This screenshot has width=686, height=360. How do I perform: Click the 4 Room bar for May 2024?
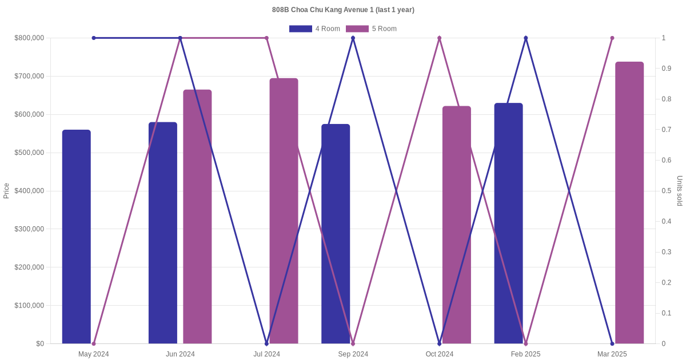[x=77, y=237]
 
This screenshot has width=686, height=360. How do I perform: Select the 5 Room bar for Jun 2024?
[x=197, y=217]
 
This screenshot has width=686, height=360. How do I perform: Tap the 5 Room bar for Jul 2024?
[x=284, y=211]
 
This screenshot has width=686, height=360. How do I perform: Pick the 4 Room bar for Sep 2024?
[x=336, y=234]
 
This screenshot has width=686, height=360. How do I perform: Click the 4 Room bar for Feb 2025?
[x=508, y=223]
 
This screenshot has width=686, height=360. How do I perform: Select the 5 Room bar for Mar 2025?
[x=629, y=203]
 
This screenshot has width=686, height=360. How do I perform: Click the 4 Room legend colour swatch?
[x=300, y=29]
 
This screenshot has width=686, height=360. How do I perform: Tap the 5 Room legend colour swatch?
[x=357, y=29]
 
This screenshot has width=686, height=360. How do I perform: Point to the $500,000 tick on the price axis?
[x=29, y=153]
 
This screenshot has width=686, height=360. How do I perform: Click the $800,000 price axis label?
[x=29, y=38]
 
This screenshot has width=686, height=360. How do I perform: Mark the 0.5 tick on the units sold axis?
[x=667, y=191]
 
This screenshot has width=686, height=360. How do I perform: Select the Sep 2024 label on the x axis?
[x=353, y=354]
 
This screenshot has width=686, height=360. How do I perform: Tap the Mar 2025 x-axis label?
[x=612, y=354]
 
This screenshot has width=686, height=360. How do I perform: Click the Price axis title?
[x=6, y=191]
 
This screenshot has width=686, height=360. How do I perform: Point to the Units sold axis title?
[x=680, y=191]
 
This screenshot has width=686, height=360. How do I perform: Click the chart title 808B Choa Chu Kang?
[x=343, y=10]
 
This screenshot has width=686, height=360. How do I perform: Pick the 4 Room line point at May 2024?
[x=94, y=38]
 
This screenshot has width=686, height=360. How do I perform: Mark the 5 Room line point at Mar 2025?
[x=612, y=38]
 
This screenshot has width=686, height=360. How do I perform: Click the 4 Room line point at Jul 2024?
[x=266, y=343]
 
